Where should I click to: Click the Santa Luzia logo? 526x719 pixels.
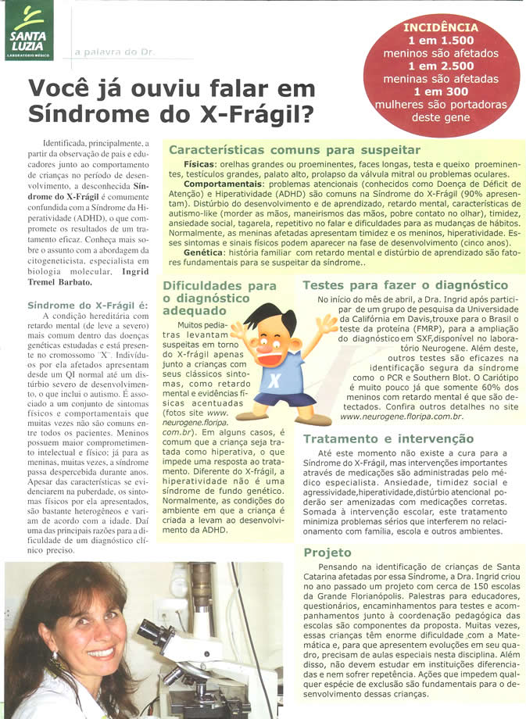(x=29, y=30)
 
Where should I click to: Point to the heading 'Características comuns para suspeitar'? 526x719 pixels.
(x=295, y=149)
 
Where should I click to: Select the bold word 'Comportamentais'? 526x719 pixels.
(x=220, y=193)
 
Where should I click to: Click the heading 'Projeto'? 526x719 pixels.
(x=327, y=551)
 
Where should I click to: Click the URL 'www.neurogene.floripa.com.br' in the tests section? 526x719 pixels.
(x=402, y=416)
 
